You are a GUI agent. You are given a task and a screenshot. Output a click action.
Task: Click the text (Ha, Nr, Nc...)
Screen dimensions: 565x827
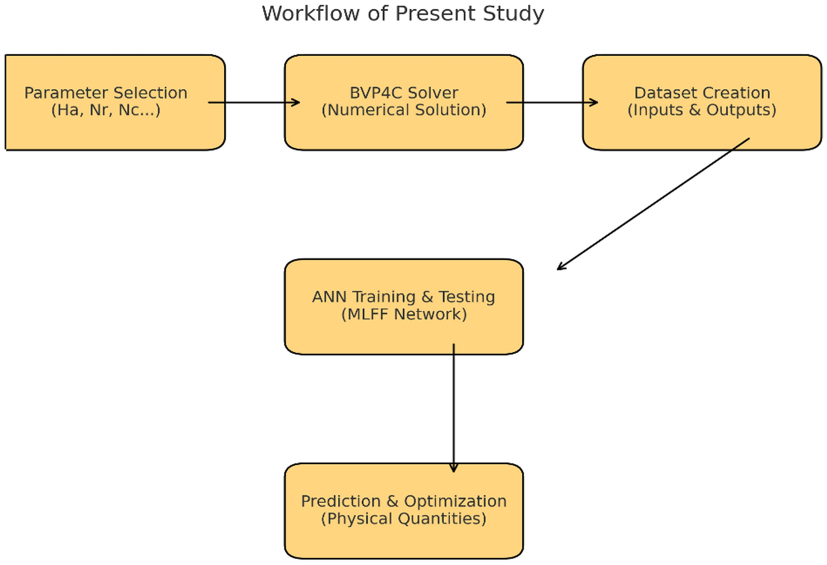click(x=106, y=110)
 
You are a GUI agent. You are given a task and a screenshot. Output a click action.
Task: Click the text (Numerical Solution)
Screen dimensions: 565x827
click(x=404, y=110)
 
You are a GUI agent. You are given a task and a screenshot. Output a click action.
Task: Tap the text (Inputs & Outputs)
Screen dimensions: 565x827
click(x=701, y=110)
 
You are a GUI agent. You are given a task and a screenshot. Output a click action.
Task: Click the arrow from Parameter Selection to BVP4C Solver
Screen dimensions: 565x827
click(x=254, y=103)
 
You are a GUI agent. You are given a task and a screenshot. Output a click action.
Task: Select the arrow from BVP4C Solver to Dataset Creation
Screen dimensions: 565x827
click(x=553, y=103)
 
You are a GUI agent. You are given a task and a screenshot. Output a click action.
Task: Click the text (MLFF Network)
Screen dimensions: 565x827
click(x=404, y=314)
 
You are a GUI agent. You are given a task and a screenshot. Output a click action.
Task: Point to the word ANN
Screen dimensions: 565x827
click(x=329, y=297)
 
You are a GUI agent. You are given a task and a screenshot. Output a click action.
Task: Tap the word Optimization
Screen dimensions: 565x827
click(x=455, y=501)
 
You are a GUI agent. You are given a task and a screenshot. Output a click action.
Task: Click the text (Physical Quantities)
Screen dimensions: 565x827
click(x=404, y=518)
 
